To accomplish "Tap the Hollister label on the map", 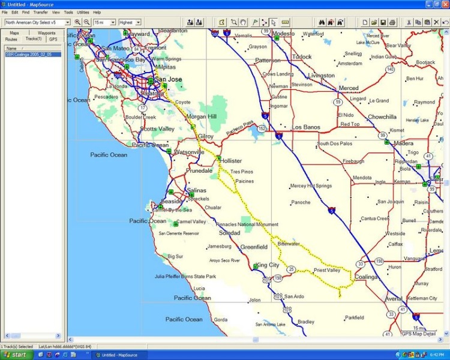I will [232, 161].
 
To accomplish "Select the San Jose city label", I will [168, 79].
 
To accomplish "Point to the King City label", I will [268, 265].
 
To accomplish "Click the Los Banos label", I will [306, 127].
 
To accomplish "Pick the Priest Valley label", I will [327, 271].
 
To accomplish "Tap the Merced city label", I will [349, 88].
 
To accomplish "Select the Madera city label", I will [403, 143].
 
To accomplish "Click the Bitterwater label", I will [289, 244].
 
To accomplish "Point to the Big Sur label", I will [175, 256].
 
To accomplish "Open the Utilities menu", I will [83, 12].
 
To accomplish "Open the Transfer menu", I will [41, 12].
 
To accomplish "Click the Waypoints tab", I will [47, 33].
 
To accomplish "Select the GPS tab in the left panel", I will [53, 39].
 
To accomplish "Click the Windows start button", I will [16, 355].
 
